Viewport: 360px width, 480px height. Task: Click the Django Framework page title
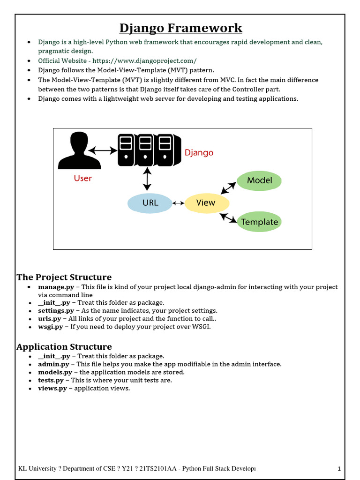(180, 28)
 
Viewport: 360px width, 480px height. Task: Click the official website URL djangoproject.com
(144, 61)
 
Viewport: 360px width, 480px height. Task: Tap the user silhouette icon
(79, 150)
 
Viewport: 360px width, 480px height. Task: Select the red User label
(83, 178)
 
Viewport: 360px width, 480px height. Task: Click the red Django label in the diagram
(199, 152)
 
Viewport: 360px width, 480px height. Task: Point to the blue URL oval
(150, 203)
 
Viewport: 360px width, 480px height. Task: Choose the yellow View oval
(206, 203)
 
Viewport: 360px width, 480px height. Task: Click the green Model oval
(259, 180)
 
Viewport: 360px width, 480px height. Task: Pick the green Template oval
(259, 222)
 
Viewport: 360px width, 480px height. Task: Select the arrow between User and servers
(103, 150)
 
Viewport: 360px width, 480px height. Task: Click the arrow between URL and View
(178, 203)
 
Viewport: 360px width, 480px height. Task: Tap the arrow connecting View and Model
(229, 187)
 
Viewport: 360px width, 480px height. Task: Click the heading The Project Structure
(64, 277)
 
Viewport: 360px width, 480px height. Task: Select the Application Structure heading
(64, 347)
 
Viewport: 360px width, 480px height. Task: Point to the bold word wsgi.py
(51, 327)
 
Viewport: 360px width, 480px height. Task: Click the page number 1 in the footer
(339, 469)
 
